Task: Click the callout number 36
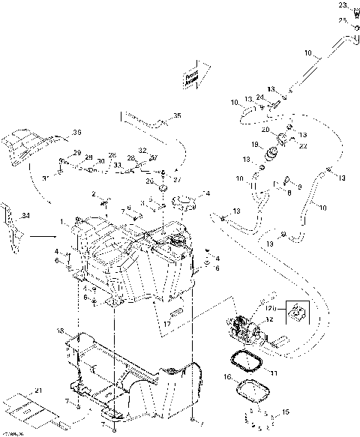point(75,133)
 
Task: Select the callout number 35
point(177,115)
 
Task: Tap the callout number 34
point(28,217)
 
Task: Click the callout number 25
point(343,19)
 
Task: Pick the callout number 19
point(255,145)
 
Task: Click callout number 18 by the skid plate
point(61,331)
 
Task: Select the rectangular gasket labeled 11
point(243,363)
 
